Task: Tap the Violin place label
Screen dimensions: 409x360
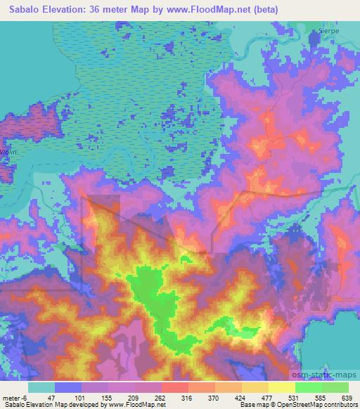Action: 8,152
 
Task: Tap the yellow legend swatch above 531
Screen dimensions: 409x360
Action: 282,387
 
